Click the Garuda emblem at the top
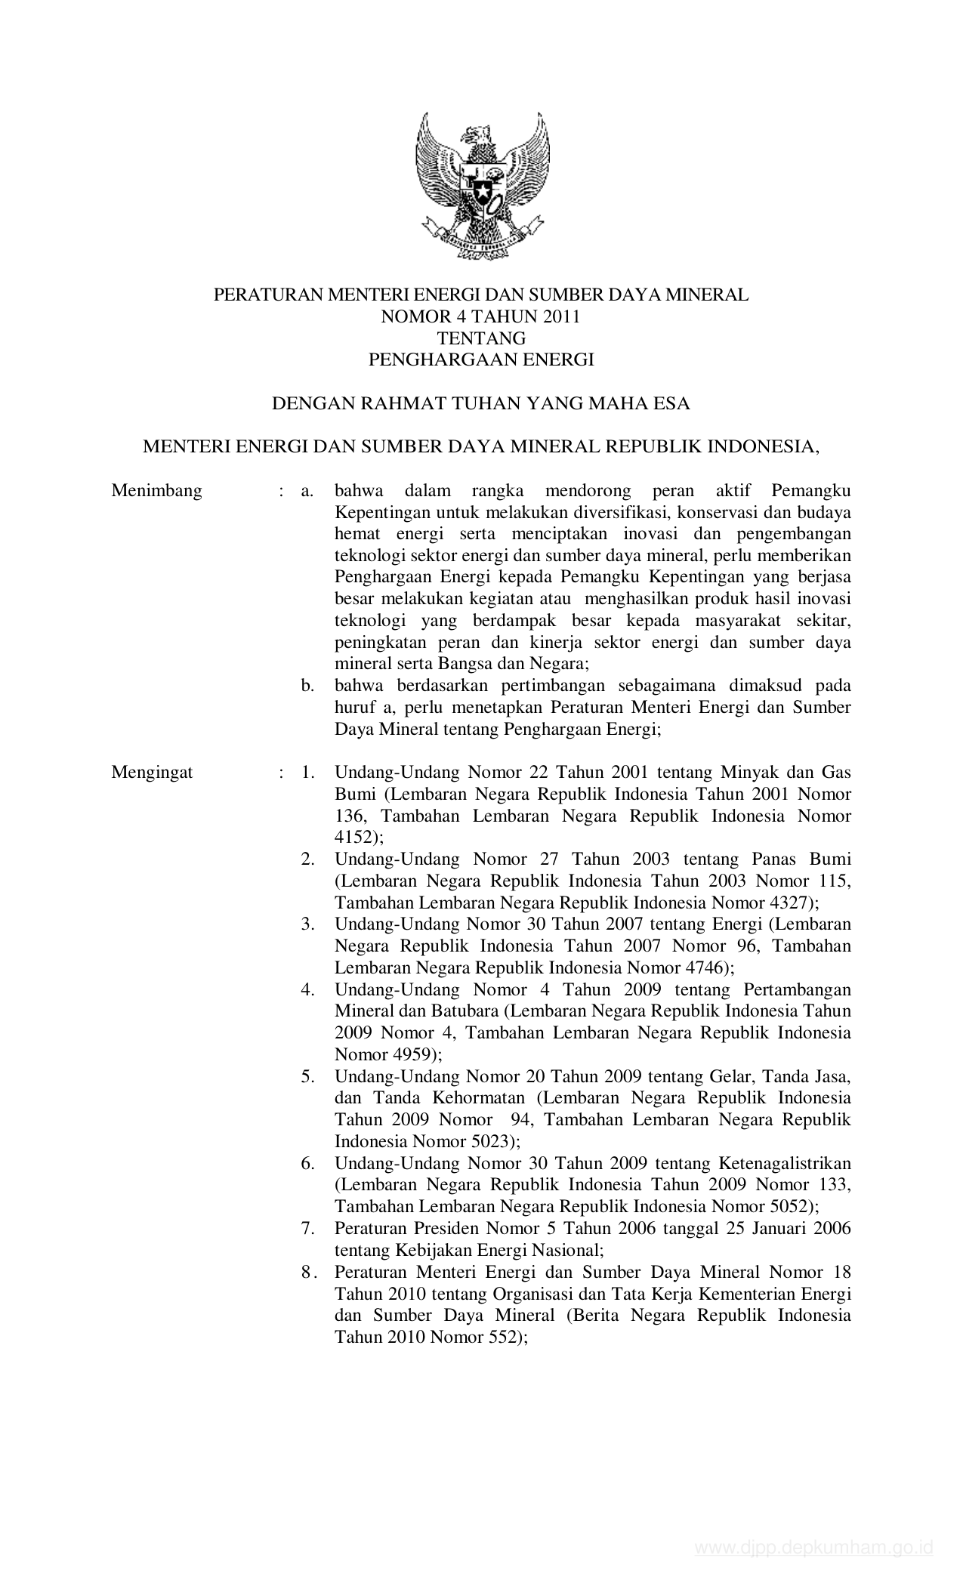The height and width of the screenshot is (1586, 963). point(481,185)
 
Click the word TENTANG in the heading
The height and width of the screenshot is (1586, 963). point(481,338)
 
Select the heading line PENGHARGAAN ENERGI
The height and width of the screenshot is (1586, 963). point(481,360)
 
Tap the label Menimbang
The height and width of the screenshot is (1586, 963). point(157,491)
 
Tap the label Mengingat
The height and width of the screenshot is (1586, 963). point(152,773)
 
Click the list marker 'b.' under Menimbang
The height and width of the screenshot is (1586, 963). point(307,687)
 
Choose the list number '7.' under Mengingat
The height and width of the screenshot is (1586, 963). point(307,1229)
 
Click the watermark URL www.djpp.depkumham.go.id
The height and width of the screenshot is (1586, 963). point(813,1563)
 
